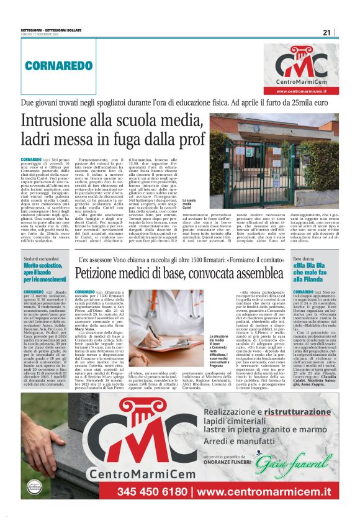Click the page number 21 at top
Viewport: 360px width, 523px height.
(326, 32)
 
